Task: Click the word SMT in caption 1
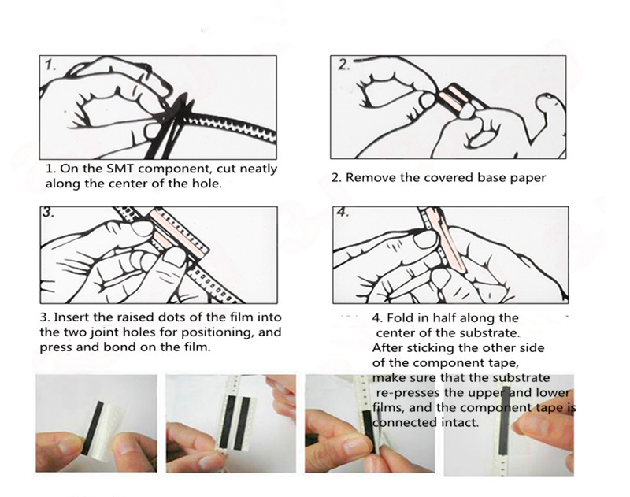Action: coord(119,169)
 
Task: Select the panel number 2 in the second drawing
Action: coord(343,65)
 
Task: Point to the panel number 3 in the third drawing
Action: coord(48,213)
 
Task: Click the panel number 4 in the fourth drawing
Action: coord(343,212)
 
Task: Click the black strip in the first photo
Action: coord(92,428)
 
